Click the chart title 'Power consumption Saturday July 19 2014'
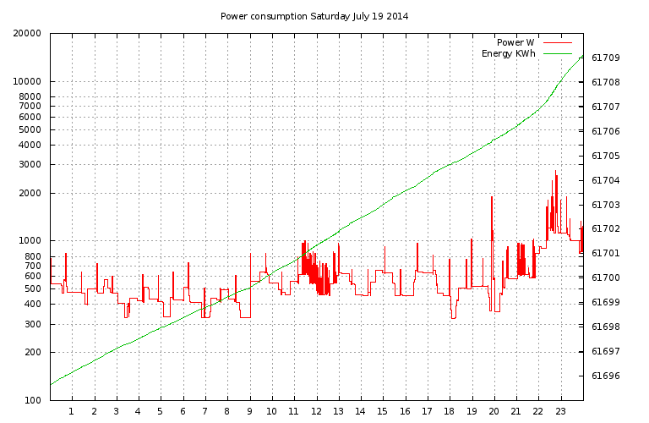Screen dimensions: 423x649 [314, 16]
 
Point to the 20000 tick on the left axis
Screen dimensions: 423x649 [30, 34]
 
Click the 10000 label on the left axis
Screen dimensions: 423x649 [30, 82]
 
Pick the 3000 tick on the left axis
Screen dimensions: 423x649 [32, 165]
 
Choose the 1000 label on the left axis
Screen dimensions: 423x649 [32, 241]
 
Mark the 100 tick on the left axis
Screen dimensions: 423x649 [35, 400]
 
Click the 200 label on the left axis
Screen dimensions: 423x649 [35, 352]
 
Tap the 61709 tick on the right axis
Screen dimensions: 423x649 [605, 58]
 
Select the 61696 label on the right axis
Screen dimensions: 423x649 [605, 376]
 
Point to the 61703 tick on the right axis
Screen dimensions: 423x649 [605, 206]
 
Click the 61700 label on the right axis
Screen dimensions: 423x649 [605, 278]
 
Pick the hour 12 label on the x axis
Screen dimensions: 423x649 [316, 412]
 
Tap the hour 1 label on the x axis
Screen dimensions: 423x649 [72, 412]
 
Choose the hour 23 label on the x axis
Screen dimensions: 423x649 [560, 412]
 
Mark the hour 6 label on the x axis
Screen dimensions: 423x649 [183, 412]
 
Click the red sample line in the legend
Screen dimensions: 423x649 [558, 41]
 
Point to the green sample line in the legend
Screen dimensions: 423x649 [558, 53]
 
